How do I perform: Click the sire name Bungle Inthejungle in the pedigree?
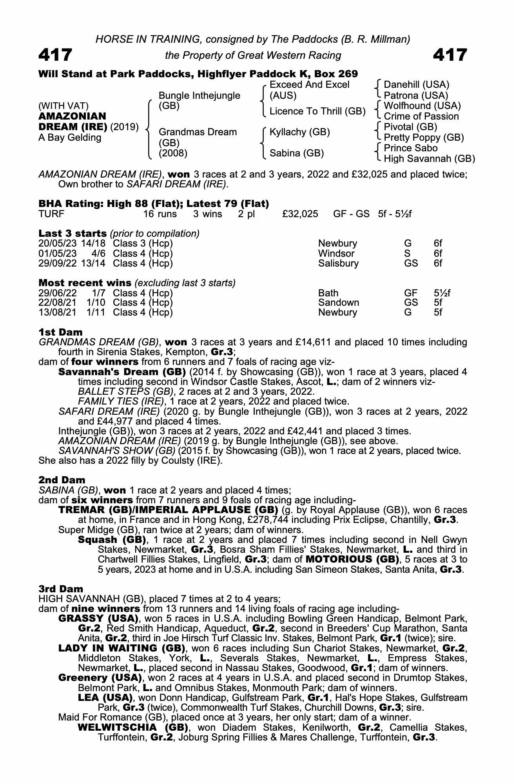199,96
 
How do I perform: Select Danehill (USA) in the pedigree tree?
416,85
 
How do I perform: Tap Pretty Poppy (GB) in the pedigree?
424,138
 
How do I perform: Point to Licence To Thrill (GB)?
317,111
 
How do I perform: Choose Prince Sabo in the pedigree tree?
410,148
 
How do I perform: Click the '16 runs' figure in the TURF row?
160,214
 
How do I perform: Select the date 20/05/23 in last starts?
58,243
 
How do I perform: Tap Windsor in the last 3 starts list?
336,253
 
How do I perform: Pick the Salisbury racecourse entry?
338,263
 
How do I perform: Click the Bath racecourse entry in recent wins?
328,293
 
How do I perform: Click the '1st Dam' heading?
60,332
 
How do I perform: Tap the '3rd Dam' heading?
61,589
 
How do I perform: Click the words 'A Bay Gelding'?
70,138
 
